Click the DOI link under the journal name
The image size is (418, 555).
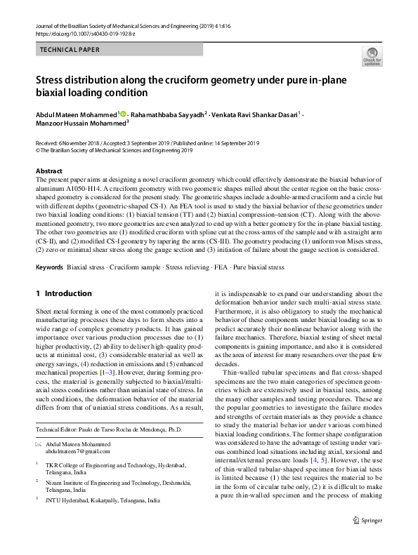pyautogui.click(x=79, y=34)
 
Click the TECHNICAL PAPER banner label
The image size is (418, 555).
pyautogui.click(x=70, y=50)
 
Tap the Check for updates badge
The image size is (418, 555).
pyautogui.click(x=372, y=57)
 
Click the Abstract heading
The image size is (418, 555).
pyautogui.click(x=48, y=171)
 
